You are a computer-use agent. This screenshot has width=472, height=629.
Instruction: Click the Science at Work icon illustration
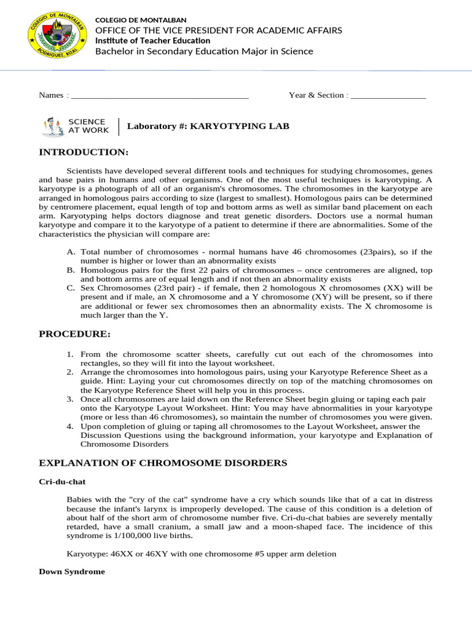pos(52,127)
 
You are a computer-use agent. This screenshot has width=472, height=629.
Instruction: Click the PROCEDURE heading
pos(75,334)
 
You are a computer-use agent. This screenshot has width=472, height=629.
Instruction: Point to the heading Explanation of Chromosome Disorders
pos(163,463)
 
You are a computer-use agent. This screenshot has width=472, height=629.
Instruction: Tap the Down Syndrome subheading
pos(72,571)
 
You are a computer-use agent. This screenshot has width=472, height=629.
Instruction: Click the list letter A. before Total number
pos(71,252)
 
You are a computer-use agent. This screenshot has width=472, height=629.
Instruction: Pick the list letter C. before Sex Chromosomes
pos(71,287)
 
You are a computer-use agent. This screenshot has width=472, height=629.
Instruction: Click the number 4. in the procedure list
pos(70,426)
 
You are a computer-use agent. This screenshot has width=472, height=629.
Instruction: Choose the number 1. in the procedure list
pos(70,354)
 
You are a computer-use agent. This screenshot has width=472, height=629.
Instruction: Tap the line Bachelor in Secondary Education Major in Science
pos(204,52)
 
